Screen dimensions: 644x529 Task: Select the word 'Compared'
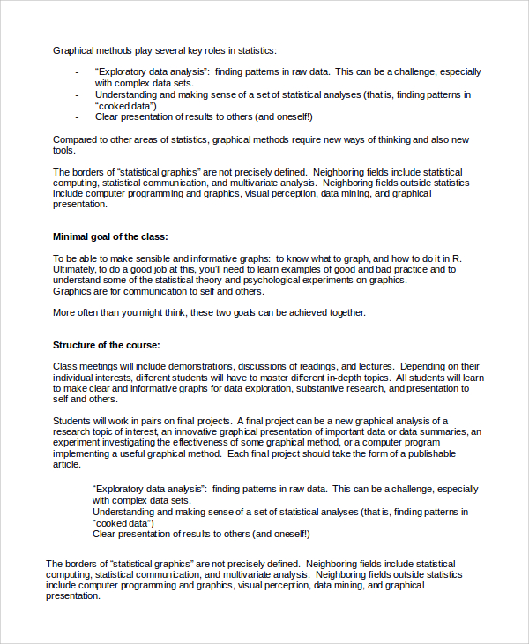coord(75,139)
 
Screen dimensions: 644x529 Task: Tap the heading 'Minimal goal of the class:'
coord(110,236)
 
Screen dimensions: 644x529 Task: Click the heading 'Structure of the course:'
coord(107,345)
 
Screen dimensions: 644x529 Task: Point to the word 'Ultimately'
coord(75,269)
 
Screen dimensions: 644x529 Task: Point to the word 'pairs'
coord(145,421)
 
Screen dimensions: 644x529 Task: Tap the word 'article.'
coord(67,464)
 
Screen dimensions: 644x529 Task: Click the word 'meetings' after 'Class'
coord(100,366)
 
